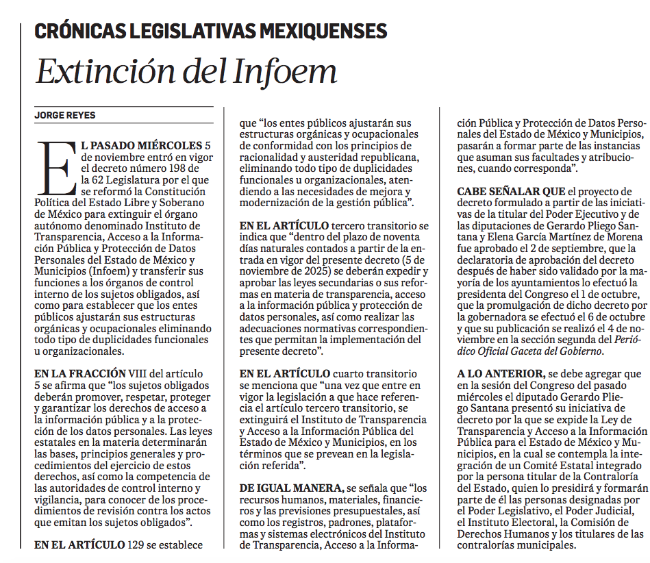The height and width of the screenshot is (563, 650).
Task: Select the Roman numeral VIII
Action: click(x=142, y=373)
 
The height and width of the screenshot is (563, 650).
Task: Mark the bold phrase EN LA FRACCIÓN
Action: click(x=79, y=373)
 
